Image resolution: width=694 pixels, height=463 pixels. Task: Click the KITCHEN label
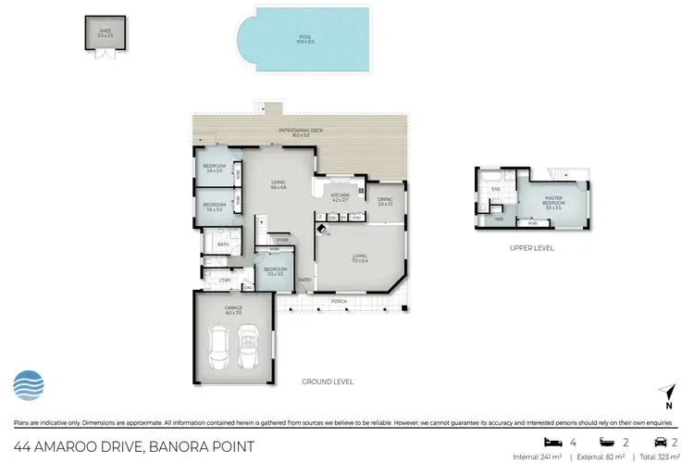[340, 196]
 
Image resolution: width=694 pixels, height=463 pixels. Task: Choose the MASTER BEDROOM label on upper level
[554, 200]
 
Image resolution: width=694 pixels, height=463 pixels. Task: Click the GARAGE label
[232, 309]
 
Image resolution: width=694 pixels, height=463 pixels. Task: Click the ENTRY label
[304, 280]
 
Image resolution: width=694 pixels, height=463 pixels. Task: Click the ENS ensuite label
[495, 189]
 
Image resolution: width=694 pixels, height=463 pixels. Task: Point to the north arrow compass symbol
[667, 395]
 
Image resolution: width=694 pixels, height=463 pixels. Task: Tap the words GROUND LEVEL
[328, 382]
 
